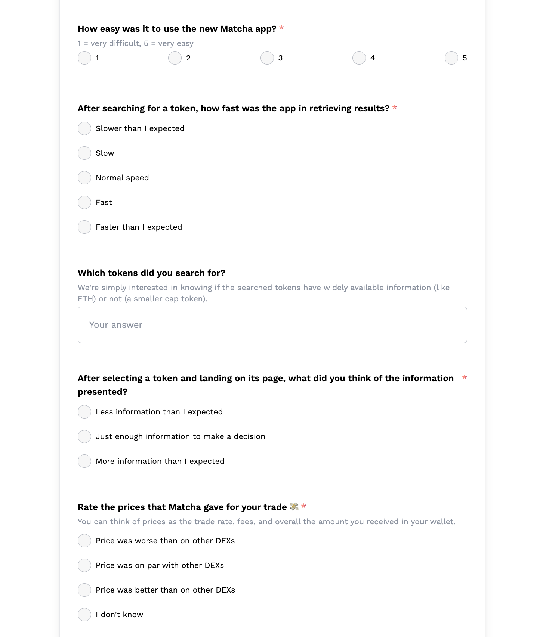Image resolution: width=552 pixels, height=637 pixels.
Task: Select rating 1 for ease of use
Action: point(84,58)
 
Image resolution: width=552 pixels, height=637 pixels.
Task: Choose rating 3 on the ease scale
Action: point(267,58)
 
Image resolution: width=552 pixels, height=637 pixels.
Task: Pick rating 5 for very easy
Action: point(451,58)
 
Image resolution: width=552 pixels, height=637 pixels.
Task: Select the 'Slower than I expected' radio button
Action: point(84,128)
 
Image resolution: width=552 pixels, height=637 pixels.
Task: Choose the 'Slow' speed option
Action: point(84,153)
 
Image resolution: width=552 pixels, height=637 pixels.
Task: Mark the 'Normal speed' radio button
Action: point(84,178)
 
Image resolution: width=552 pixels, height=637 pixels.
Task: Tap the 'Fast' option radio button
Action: point(84,202)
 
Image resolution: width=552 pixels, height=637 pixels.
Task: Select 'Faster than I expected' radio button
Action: point(84,227)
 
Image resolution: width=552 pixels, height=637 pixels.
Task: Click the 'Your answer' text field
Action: point(272,325)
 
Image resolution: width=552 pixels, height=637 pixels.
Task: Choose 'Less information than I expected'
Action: point(84,412)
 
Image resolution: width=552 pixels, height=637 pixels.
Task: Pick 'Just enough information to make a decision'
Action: point(84,436)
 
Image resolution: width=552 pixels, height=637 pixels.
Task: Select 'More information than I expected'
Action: point(84,461)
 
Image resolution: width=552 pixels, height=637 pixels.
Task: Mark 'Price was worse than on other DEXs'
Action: point(84,541)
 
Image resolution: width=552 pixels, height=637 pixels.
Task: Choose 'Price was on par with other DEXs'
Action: point(84,565)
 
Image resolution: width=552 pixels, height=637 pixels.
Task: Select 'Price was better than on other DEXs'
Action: point(84,590)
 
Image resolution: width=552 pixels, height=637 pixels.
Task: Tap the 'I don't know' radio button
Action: point(84,615)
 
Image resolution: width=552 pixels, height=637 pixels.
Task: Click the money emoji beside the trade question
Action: point(294,507)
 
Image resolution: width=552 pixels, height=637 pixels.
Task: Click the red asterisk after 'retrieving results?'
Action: point(395,108)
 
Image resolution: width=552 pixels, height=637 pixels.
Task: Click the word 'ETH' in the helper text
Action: point(86,299)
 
